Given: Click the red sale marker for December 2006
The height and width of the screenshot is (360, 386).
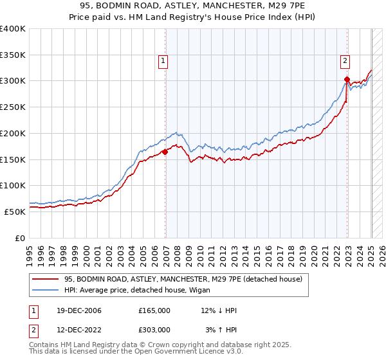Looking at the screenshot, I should click(165, 152).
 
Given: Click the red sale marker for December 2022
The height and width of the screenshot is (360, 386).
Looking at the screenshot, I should click(346, 80).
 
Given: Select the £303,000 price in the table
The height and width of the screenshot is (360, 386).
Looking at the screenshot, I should click(154, 330).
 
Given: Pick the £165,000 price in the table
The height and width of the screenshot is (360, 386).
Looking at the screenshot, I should click(154, 310).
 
